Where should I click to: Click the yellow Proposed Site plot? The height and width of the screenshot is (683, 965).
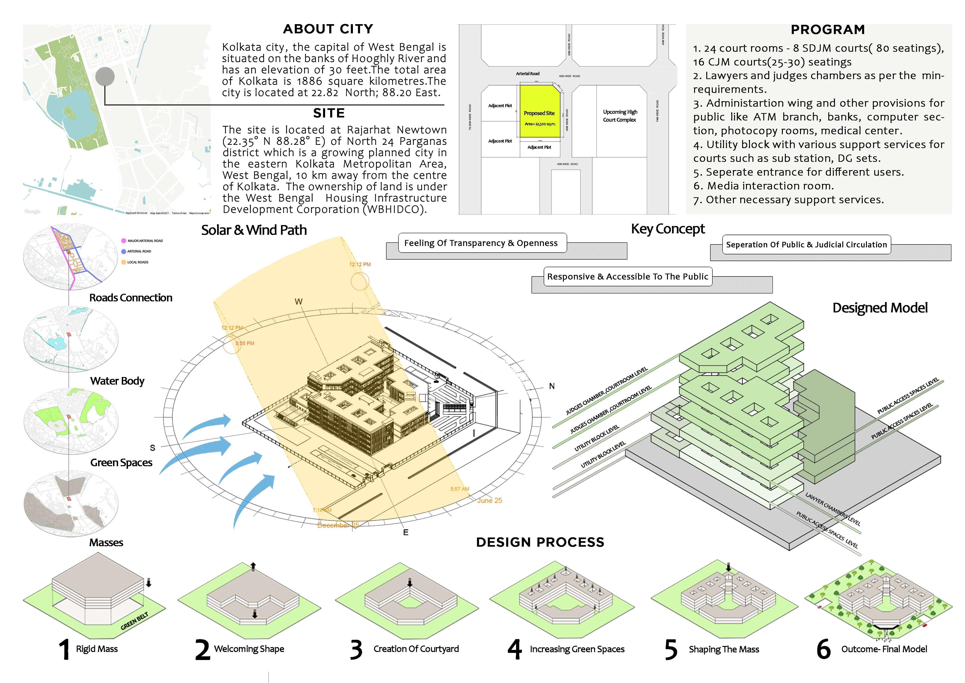(x=540, y=111)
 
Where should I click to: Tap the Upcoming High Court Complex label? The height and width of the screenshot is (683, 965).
(x=620, y=116)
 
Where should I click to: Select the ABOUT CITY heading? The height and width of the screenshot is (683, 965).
(x=328, y=29)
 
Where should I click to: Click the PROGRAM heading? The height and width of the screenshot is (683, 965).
(x=828, y=30)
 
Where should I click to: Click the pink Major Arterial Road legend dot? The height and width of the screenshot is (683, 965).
(x=124, y=240)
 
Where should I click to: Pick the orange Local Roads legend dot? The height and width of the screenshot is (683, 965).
(x=124, y=262)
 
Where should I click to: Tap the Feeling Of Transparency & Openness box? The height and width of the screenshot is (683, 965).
(x=482, y=243)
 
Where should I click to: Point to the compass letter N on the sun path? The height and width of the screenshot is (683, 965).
(x=552, y=386)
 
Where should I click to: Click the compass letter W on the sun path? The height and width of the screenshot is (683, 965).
(x=298, y=302)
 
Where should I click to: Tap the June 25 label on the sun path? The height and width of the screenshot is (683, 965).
(x=489, y=500)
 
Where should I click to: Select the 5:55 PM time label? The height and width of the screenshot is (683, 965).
(x=245, y=343)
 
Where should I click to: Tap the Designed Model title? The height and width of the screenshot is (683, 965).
(x=880, y=308)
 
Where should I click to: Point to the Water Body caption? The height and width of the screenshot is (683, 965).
(x=117, y=381)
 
